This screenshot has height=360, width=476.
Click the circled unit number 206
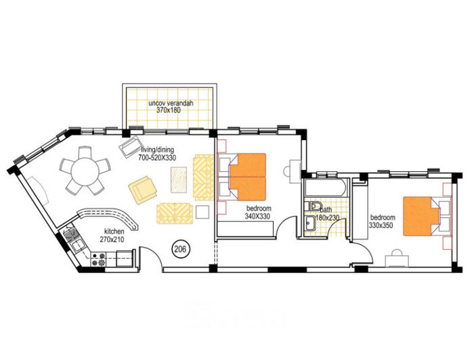pos(181,249)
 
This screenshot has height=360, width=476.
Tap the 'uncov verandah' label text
pos(171,104)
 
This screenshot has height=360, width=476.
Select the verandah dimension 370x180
pos(171,111)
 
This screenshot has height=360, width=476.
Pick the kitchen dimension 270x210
pos(112,240)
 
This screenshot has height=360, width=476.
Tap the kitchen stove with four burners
pos(98,258)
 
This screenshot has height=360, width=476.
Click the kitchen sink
pos(73,240)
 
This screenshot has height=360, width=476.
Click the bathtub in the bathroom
pos(325,187)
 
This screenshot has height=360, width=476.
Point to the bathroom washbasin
pos(309,223)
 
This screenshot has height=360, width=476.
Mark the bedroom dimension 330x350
pos(382,225)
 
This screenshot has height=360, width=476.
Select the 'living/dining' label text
pos(156,150)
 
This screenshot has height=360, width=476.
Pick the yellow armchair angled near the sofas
pos(142,189)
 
